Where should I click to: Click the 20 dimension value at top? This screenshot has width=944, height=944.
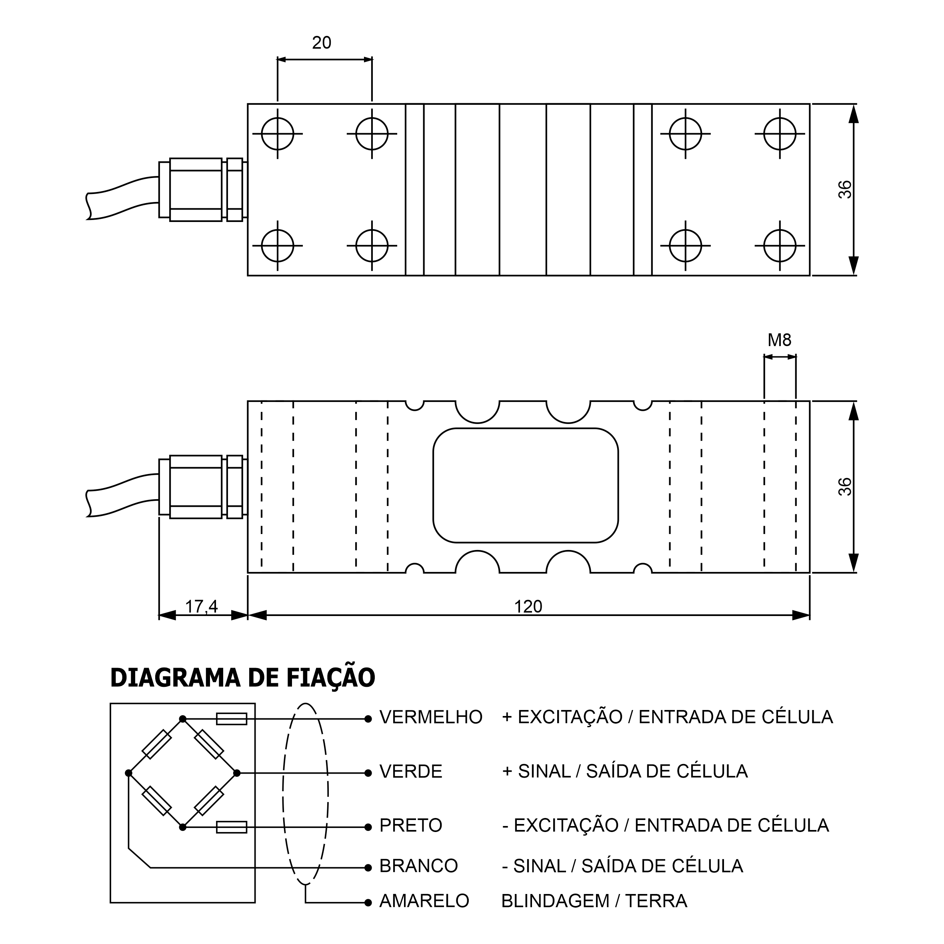[322, 43]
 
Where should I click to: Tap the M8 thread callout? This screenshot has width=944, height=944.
[779, 340]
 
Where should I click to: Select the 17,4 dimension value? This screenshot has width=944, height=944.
[201, 606]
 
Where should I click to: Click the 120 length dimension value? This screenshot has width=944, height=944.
[528, 606]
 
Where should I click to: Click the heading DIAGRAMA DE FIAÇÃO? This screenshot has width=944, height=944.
[243, 678]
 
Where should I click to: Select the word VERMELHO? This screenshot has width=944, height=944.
[431, 717]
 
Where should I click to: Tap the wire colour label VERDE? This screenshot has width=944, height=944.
[411, 772]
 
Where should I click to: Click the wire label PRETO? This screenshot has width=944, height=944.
[411, 825]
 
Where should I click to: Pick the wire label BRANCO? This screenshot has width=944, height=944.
[419, 866]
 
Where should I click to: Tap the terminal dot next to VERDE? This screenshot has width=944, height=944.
[368, 773]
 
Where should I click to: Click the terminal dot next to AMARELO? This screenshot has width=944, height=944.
[368, 902]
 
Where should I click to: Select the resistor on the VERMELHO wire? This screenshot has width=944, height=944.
[232, 719]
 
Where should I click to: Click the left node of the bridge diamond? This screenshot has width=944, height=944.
[128, 773]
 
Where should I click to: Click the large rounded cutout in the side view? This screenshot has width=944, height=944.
[526, 485]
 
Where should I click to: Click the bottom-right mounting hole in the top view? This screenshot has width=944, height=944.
[780, 246]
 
